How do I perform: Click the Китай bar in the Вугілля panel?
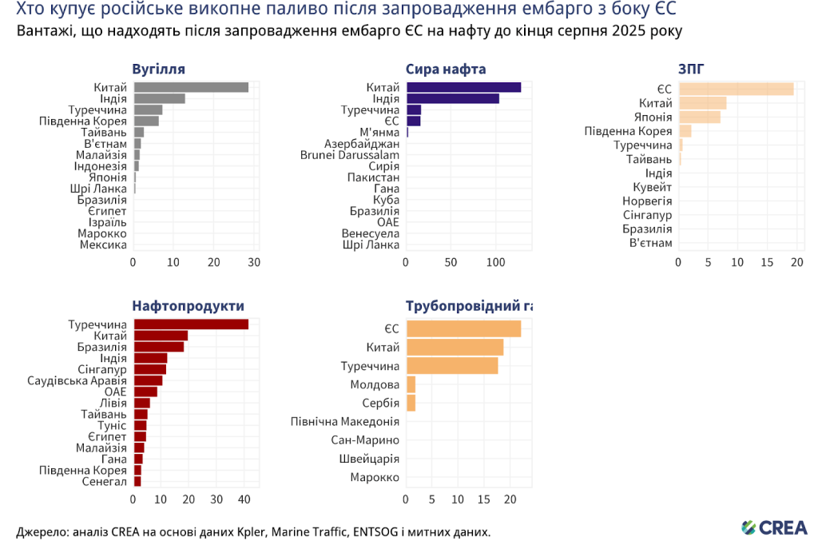click(191, 87)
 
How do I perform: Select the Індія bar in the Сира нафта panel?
click(453, 98)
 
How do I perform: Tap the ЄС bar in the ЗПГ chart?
click(736, 89)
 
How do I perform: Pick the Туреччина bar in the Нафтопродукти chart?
click(191, 324)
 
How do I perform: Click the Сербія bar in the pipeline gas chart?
click(411, 403)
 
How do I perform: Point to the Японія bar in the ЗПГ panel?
click(700, 117)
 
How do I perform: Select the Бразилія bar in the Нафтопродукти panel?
click(159, 347)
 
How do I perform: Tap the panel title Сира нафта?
click(446, 69)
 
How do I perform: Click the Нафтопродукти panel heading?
click(189, 305)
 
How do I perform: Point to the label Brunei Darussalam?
click(350, 154)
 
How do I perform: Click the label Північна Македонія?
click(345, 421)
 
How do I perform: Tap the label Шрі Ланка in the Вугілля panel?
click(98, 189)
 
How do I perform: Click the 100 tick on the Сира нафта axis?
click(496, 262)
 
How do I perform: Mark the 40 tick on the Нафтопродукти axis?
click(244, 499)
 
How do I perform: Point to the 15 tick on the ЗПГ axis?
click(767, 262)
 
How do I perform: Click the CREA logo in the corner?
click(774, 527)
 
